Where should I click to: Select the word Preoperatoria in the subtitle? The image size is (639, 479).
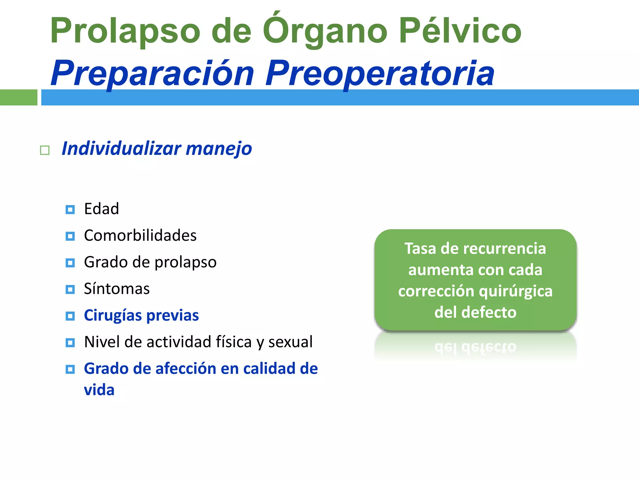coord(380,74)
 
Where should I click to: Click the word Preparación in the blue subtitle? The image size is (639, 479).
coord(153,74)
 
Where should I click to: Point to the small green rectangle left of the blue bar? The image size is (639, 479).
coord(18,97)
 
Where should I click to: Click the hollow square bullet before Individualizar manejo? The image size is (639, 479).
coord(45,150)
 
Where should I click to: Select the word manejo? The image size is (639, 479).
coord(219,148)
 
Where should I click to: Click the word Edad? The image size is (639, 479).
coord(102,209)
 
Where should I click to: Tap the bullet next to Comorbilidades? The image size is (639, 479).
coord(70,236)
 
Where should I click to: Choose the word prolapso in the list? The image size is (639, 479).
coord(186,262)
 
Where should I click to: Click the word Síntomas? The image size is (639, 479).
coord(117,289)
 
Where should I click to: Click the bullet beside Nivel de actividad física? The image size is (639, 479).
coord(70,343)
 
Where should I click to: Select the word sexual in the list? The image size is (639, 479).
coord(290,342)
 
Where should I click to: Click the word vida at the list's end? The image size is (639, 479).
coord(99,390)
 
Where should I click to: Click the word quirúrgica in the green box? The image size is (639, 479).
coord(515,291)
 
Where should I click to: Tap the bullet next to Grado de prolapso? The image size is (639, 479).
coord(70,263)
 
